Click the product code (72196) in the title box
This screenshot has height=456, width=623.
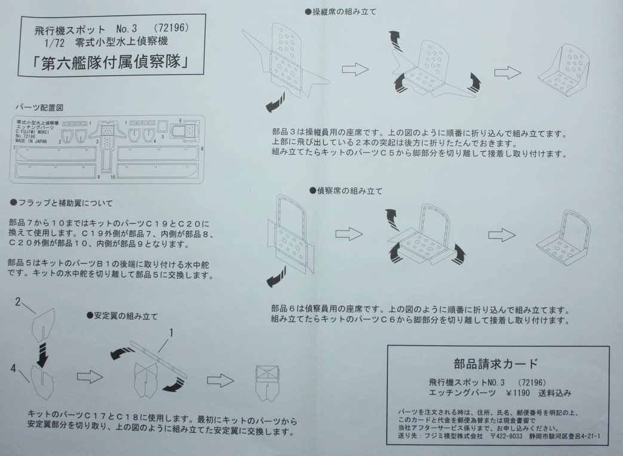171,29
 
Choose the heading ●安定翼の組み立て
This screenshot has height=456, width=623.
122,315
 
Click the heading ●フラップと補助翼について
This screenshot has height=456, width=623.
62,203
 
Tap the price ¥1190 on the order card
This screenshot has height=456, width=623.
518,393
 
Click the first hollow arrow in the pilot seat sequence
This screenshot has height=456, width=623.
355,69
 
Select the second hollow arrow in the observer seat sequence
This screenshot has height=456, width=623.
502,235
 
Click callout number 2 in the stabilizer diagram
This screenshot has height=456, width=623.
19,302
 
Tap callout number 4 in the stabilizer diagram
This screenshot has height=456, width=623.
13,368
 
